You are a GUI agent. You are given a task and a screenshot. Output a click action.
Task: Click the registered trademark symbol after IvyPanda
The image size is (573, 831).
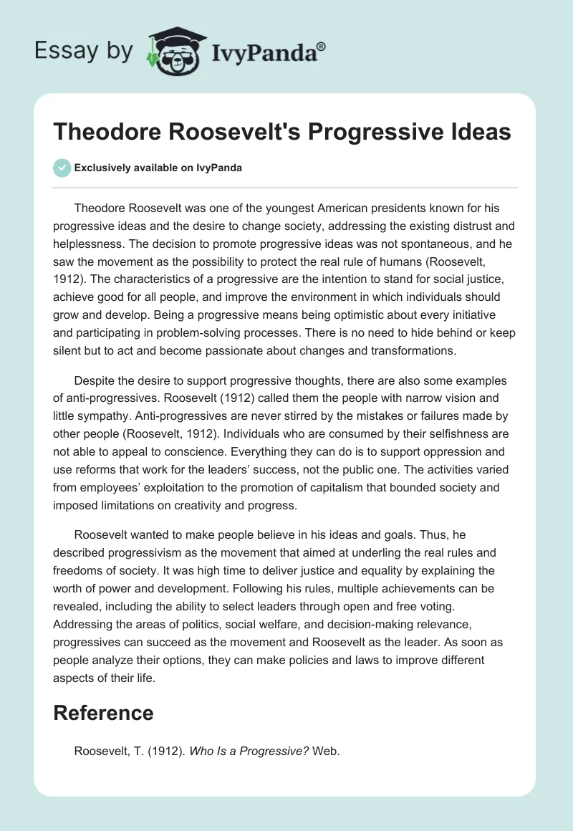pyautogui.click(x=322, y=46)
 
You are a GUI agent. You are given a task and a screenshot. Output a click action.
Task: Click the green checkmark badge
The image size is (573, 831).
pyautogui.click(x=62, y=168)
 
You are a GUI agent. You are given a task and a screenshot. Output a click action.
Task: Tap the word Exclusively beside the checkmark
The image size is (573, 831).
pyautogui.click(x=102, y=168)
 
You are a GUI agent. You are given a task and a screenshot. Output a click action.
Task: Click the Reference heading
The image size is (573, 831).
pyautogui.click(x=104, y=713)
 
